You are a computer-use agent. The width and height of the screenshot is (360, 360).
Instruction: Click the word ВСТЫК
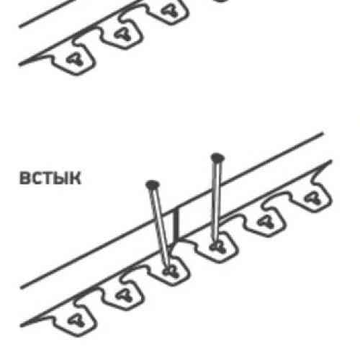point(50,178)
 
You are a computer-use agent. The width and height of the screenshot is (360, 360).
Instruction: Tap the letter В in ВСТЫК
point(24,178)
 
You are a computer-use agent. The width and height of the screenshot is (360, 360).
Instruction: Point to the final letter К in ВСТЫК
point(76,178)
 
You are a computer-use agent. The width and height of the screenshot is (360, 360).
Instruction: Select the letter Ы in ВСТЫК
point(62,178)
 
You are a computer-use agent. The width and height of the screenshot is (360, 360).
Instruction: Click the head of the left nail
point(152,184)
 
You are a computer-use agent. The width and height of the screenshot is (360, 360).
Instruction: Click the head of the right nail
point(217,158)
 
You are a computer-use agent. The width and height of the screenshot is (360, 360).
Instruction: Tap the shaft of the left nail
point(161,229)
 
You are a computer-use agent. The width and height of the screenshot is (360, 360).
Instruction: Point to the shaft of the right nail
point(217,203)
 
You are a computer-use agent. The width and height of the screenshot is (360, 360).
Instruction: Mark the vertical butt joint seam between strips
point(176,225)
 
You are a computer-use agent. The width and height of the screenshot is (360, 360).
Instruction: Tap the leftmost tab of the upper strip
point(73,59)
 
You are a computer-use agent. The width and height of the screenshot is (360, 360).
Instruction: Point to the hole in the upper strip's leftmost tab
point(75,59)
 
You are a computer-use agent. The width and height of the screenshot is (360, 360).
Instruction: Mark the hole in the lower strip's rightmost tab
point(312,199)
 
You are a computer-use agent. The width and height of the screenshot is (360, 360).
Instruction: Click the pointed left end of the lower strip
point(21,325)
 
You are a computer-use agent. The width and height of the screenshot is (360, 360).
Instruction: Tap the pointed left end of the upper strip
point(20,64)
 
